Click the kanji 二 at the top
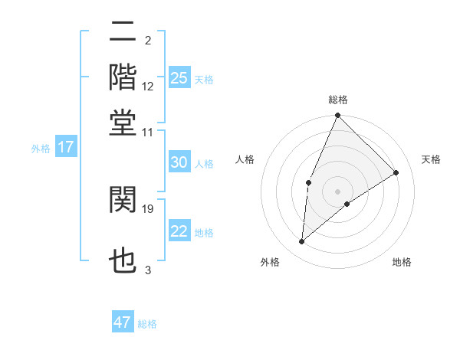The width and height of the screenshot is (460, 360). point(123,33)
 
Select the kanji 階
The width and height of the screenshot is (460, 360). point(123,77)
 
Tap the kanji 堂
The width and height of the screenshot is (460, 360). point(123,122)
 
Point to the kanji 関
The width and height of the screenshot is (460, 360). point(123,200)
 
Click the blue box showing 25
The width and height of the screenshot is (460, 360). point(179,77)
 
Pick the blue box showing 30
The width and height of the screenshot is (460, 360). point(179,162)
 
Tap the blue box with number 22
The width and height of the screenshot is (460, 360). point(179,231)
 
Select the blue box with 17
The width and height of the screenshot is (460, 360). point(65,147)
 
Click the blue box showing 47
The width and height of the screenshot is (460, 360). point(123,322)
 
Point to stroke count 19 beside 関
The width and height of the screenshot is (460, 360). point(149,208)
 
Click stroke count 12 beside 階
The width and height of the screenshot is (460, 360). point(148,86)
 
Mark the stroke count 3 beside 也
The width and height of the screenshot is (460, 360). point(148,270)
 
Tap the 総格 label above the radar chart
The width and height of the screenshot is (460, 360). point(338,100)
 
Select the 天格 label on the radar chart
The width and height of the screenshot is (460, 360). point(431,159)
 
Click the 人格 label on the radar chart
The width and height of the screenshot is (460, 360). point(245,159)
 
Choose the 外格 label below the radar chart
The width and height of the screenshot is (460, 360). point(270,263)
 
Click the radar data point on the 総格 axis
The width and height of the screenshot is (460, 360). point(338,116)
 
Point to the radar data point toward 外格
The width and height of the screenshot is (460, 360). point(302,242)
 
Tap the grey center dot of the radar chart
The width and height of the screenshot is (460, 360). point(338,191)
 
